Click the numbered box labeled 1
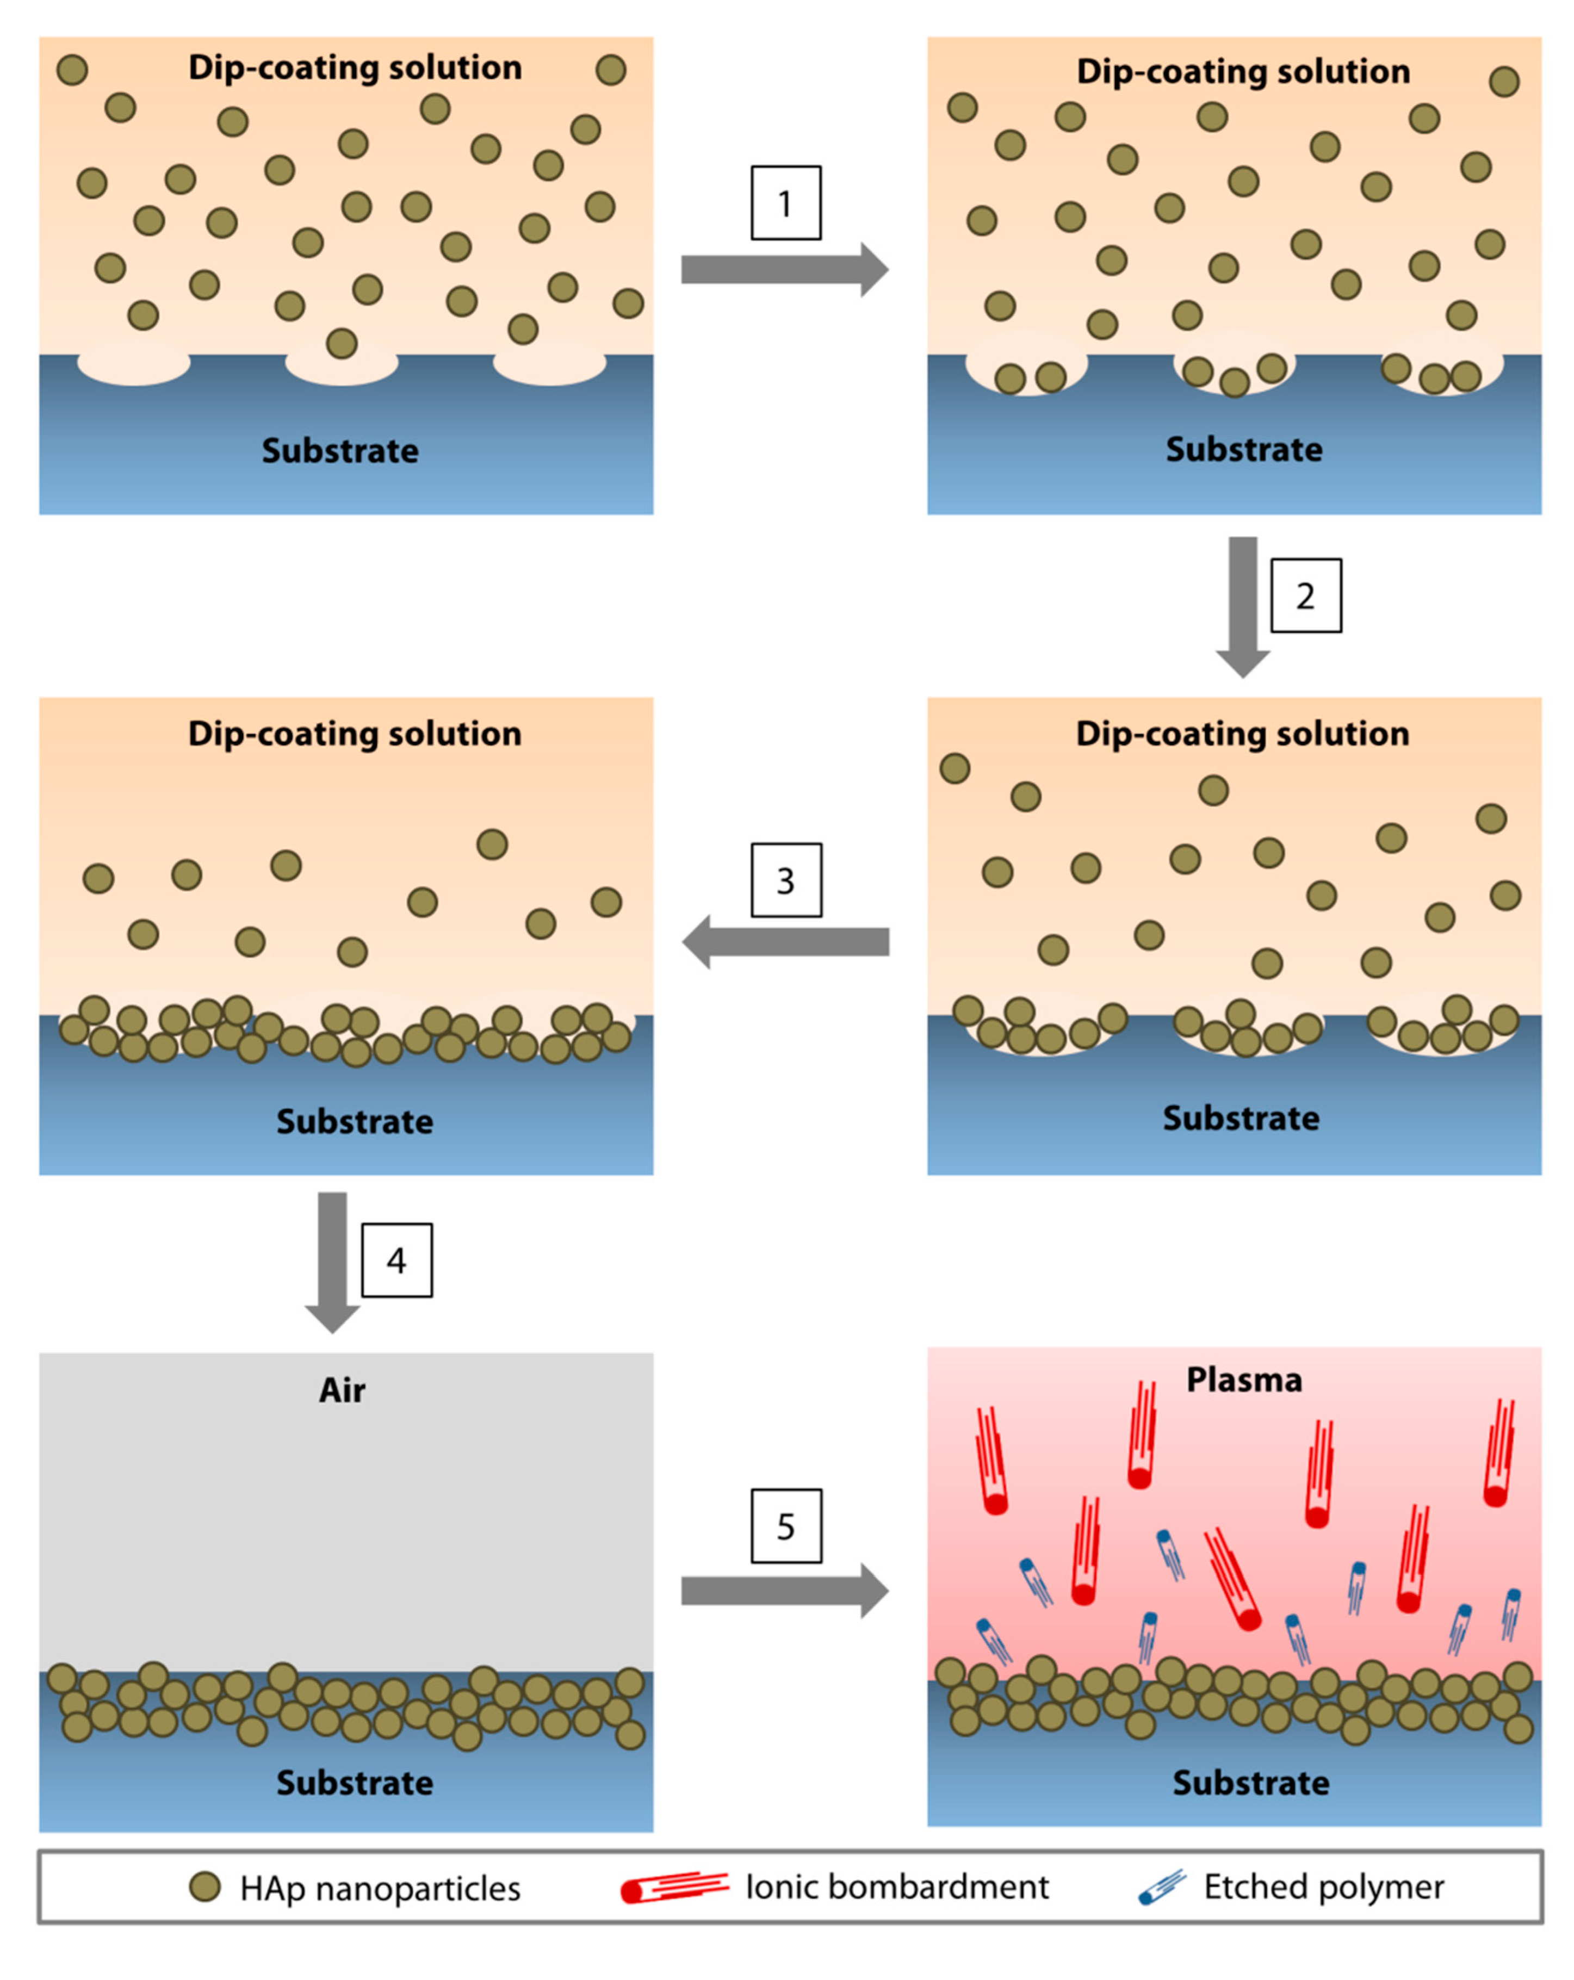785,203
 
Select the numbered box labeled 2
1305,595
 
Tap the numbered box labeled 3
785,880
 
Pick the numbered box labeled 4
396,1260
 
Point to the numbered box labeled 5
785,1525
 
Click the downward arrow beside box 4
332,1261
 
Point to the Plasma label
1243,1380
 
